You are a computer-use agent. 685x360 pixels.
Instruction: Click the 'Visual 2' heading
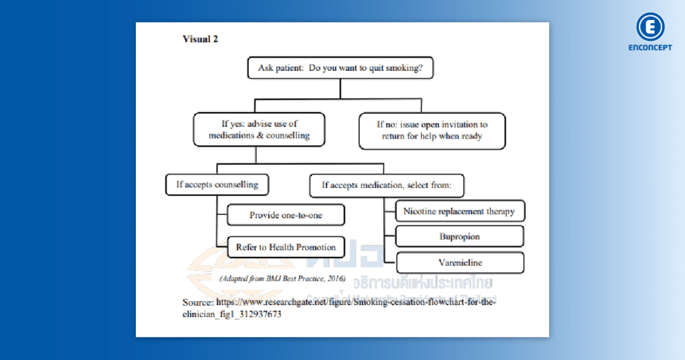200,39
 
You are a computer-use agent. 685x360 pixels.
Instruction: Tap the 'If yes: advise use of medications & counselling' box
259,130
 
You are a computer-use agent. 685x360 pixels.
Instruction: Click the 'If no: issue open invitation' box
431,130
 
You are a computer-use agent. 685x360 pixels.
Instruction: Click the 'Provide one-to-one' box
286,215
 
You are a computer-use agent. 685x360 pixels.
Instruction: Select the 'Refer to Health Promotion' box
286,248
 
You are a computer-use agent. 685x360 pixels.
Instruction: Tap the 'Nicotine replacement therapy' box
459,211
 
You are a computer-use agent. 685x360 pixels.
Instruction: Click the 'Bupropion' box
460,237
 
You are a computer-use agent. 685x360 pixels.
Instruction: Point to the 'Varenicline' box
460,263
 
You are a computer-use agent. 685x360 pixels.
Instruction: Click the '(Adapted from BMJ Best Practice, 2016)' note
282,278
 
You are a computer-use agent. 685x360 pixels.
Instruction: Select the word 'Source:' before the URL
198,302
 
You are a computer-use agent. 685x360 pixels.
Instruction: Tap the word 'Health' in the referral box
281,248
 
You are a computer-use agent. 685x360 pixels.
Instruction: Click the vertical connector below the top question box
340,89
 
